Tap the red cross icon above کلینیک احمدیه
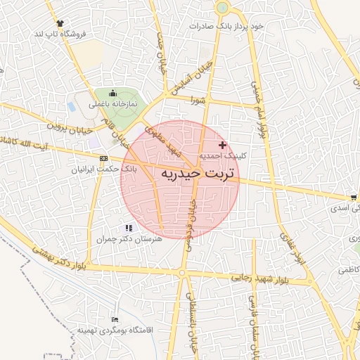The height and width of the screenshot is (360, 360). coord(223,144)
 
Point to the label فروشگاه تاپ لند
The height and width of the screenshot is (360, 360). coord(58,34)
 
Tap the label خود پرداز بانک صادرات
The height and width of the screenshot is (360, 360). coord(230,26)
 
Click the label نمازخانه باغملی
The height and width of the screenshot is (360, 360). coord(112,104)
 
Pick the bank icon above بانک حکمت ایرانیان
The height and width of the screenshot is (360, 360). coord(103,158)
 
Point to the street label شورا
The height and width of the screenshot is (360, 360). coord(196,99)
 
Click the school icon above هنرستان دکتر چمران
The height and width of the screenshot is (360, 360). coord(128,228)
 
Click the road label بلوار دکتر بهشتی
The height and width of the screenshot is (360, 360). coord(63,256)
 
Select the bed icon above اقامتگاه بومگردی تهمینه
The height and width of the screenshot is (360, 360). coord(115,319)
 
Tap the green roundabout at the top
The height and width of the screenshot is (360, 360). coord(222,8)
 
